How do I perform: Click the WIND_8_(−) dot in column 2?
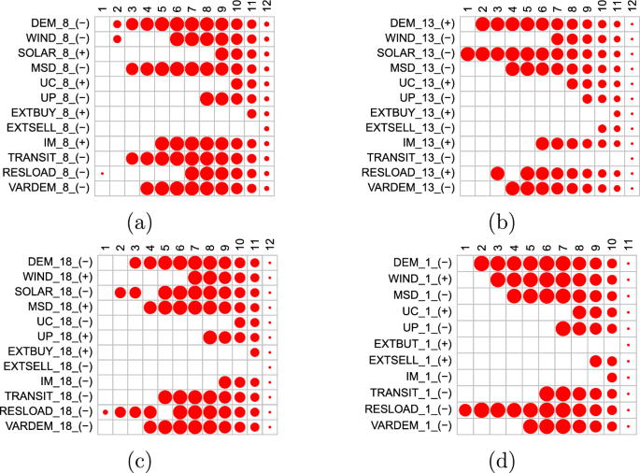tap(117, 38)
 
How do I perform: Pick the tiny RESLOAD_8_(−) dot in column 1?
tap(102, 174)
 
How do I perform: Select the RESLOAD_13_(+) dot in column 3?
tap(497, 174)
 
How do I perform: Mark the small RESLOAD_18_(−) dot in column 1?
tap(106, 411)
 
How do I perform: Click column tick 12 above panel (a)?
tap(267, 6)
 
